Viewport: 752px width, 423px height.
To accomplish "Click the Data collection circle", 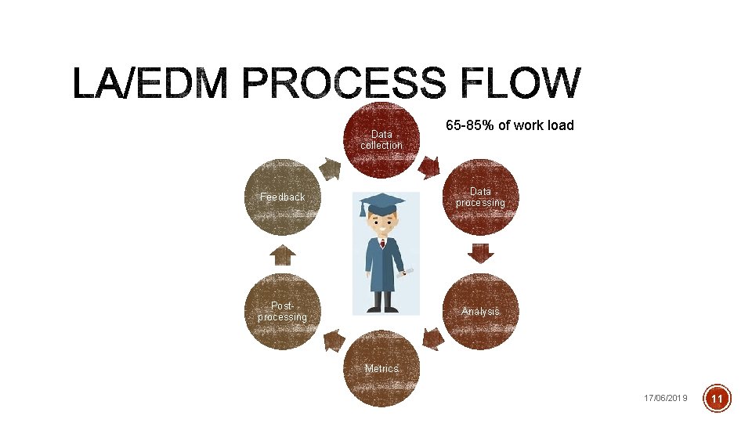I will pos(381,141).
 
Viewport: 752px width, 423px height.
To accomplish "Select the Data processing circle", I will pos(480,197).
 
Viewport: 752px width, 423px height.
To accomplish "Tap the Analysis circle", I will pos(480,311).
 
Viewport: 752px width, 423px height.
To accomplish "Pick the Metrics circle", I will pos(381,369).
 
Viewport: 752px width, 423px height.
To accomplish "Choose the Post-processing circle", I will pos(283,311).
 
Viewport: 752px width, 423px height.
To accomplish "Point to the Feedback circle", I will pos(283,197).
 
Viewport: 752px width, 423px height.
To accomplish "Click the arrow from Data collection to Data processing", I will pos(429,167).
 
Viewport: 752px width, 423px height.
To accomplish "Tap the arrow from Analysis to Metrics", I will pos(432,338).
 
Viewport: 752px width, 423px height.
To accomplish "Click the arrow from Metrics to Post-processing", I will pos(334,339).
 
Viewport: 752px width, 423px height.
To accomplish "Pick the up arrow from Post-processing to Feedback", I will pos(282,255).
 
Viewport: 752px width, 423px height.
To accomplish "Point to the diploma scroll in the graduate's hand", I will pos(407,271).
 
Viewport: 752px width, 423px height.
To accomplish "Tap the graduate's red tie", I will pos(382,244).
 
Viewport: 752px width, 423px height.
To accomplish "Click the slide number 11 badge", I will pos(718,399).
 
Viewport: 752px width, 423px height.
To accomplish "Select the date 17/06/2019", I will pos(665,399).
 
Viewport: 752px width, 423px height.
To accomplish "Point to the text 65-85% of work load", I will pos(510,125).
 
